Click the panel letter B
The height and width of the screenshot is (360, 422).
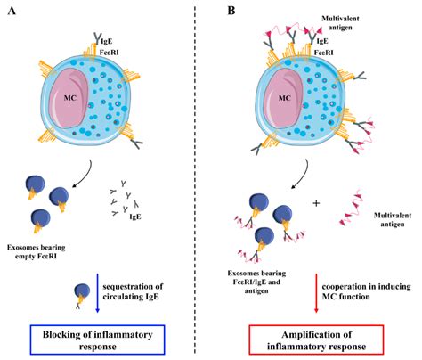tap(232, 10)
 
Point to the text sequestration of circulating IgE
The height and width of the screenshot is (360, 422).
tap(146, 283)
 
